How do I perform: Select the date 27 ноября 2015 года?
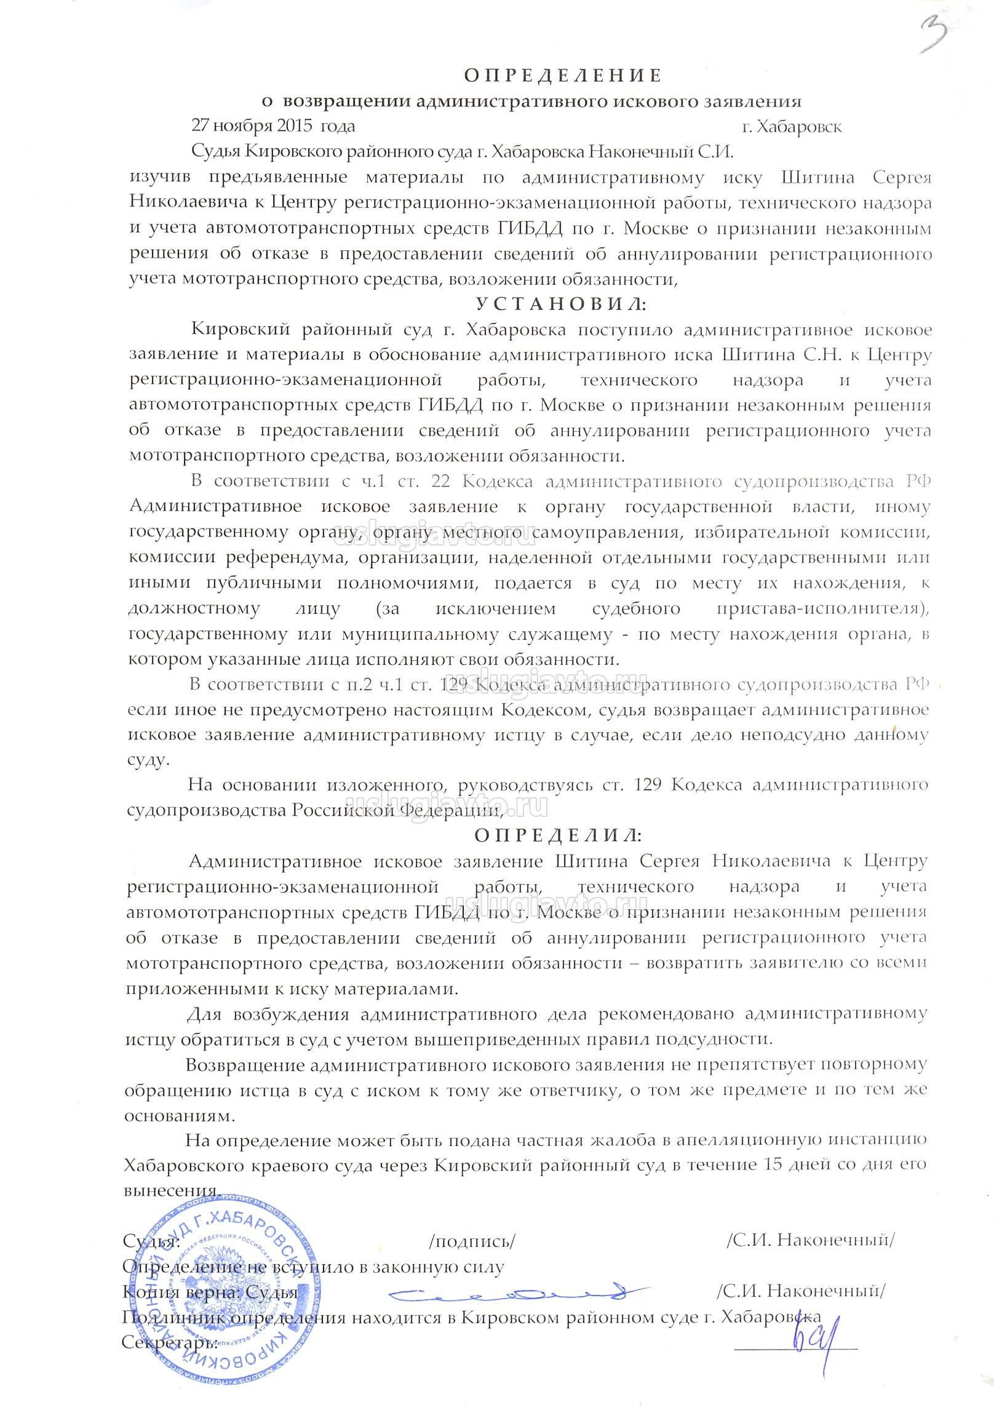[x=273, y=126]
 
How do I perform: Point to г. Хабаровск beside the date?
[x=791, y=127]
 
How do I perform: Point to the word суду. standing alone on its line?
[x=148, y=759]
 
